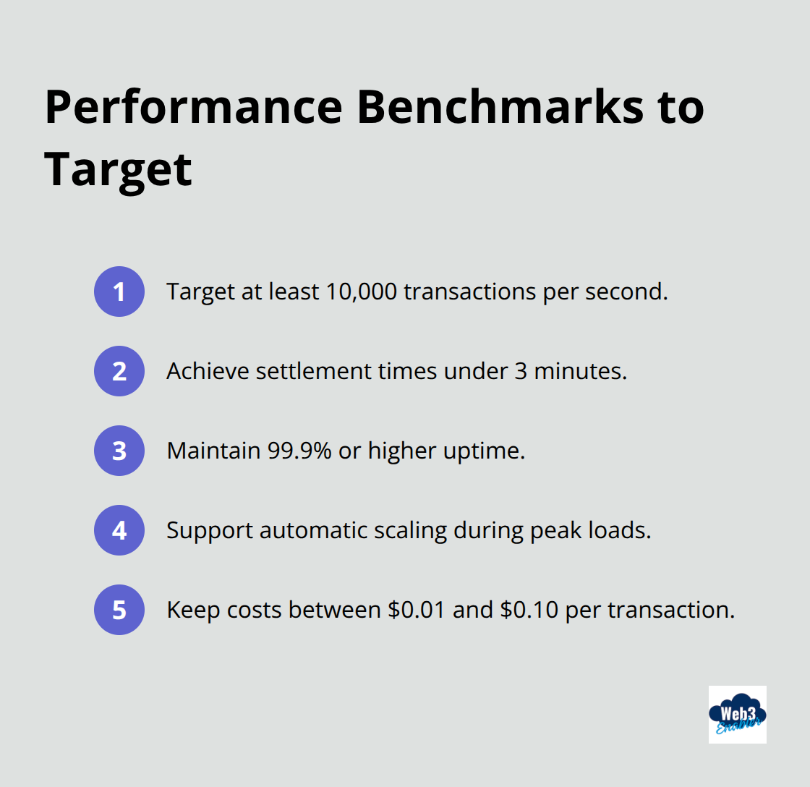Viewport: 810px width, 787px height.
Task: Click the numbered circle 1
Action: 119,292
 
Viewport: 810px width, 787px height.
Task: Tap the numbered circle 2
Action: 119,371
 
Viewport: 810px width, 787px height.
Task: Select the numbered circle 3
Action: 119,451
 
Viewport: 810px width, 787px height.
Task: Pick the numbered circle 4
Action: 119,530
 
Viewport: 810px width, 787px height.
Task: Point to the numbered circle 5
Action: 119,610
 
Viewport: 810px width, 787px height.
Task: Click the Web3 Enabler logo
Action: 737,714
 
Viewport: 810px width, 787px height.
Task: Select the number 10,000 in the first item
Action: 359,292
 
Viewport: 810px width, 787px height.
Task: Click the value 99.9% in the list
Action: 299,451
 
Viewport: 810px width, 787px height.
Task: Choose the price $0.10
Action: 529,610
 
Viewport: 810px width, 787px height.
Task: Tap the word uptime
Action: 482,451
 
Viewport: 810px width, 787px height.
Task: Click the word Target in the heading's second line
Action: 118,168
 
